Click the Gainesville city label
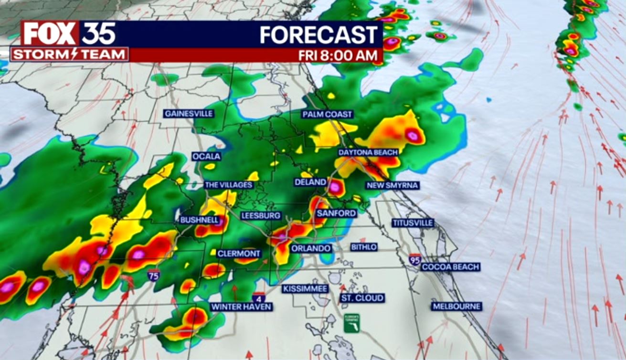coord(189,114)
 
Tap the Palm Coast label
coord(328,115)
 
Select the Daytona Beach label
coord(368,152)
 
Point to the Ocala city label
coord(207,157)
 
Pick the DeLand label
coord(310,182)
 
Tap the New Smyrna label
coord(392,185)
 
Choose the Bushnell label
coord(199,220)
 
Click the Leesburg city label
coord(261,216)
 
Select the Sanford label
coord(336,213)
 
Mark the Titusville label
coord(413,223)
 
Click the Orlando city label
coord(311,249)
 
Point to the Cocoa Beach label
coord(450,267)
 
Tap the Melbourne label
coord(456,307)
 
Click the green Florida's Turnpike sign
coord(352,322)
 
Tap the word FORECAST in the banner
coord(318,35)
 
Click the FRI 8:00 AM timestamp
coord(338,55)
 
